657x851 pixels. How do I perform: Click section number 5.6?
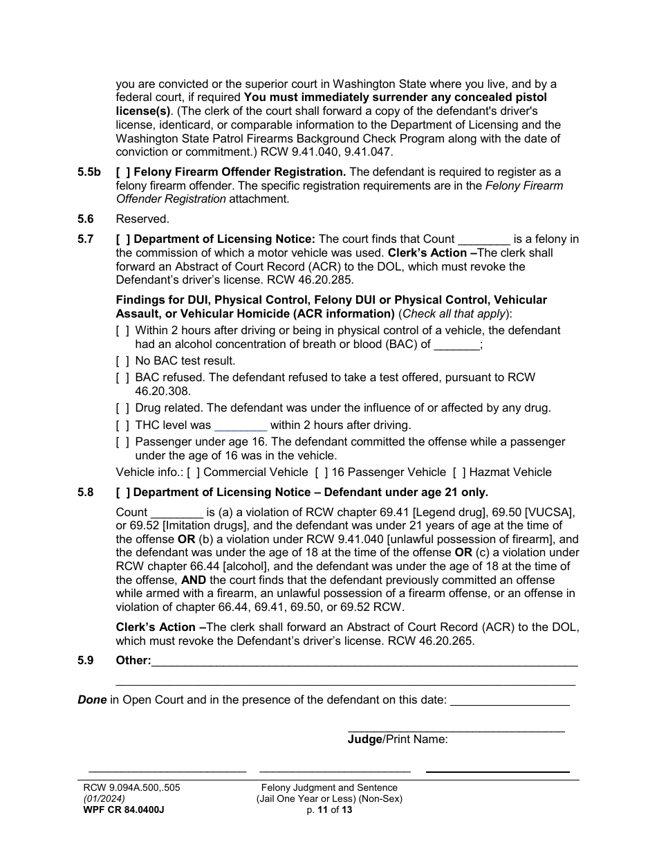(x=86, y=219)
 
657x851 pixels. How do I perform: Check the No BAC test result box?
(x=122, y=361)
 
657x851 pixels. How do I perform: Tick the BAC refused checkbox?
(x=122, y=378)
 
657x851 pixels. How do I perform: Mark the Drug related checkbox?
(x=122, y=408)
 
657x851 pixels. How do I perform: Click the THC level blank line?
(x=241, y=426)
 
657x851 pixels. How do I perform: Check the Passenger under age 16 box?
(x=122, y=442)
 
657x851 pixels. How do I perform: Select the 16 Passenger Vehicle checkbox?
(x=321, y=473)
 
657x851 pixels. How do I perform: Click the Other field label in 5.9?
(x=133, y=661)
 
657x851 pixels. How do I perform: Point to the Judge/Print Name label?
(x=398, y=740)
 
